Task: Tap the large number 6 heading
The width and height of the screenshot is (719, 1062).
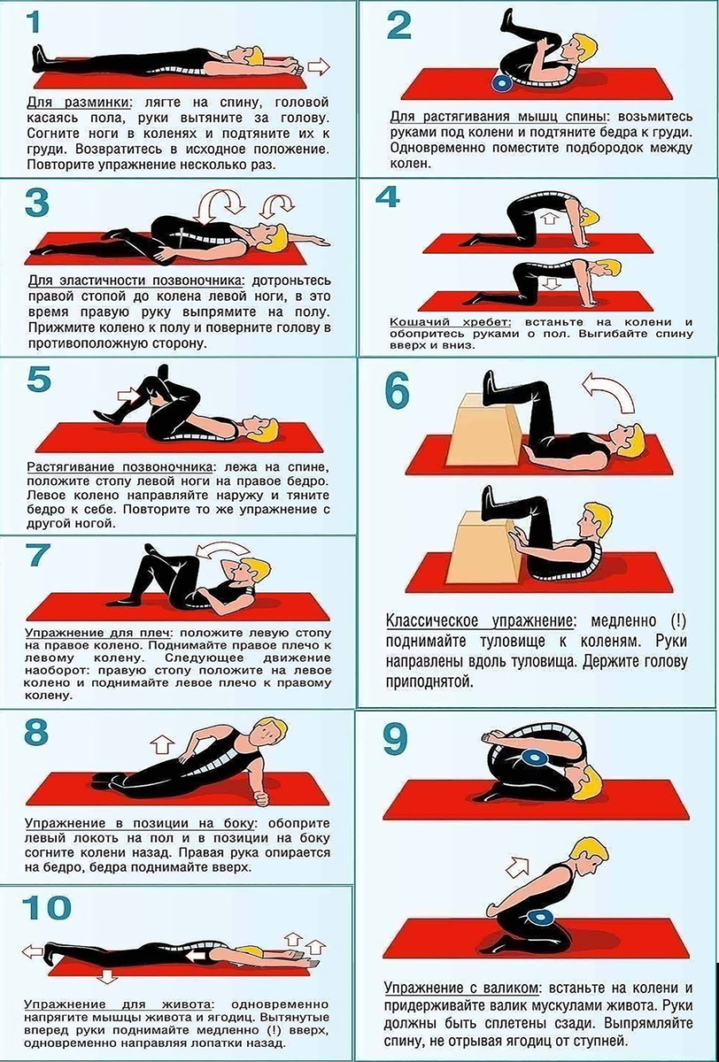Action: pyautogui.click(x=398, y=390)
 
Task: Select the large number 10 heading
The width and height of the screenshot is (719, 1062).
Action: pyautogui.click(x=46, y=907)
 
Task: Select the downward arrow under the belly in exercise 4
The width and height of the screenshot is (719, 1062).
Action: pyautogui.click(x=550, y=283)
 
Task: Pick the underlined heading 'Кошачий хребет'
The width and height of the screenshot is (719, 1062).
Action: pyautogui.click(x=451, y=322)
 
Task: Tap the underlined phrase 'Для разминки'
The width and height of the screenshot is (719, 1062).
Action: pyautogui.click(x=79, y=103)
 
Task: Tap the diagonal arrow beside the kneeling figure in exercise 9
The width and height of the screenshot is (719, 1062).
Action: pyautogui.click(x=517, y=867)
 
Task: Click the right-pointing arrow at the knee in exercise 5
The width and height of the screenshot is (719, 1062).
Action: pyautogui.click(x=129, y=395)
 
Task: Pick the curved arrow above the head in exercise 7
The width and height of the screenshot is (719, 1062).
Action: pyautogui.click(x=223, y=552)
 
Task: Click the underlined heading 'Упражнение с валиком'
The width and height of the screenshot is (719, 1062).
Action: pyautogui.click(x=462, y=975)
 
